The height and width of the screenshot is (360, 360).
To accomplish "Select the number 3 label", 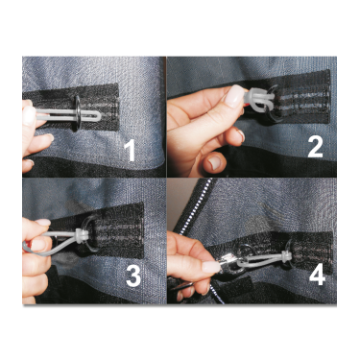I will tap(133, 276).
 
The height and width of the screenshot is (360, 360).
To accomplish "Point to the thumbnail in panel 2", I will tap(236, 96).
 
